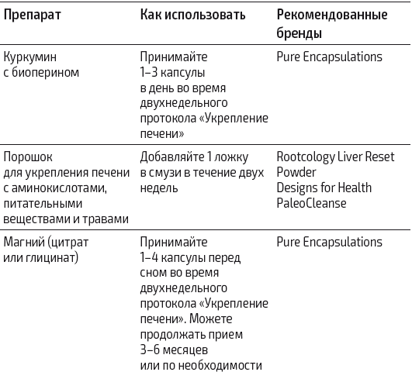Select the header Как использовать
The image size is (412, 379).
(x=192, y=16)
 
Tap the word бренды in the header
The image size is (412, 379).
(x=299, y=34)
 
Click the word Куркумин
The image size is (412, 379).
(x=29, y=57)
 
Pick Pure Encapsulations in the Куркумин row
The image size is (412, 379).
(x=329, y=57)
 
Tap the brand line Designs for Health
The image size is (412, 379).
(x=324, y=188)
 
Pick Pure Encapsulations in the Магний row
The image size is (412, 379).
(x=329, y=243)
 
